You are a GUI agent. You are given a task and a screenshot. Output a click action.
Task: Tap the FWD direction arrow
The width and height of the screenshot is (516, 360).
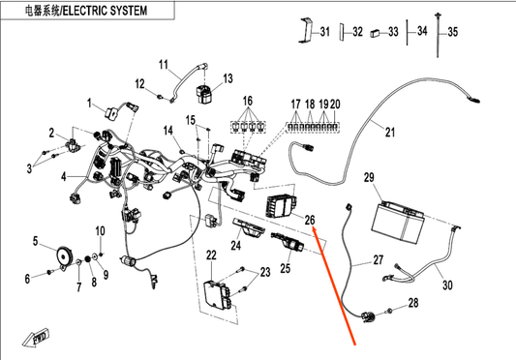point(36,338)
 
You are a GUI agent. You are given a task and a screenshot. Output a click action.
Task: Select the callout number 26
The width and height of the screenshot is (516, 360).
point(310,220)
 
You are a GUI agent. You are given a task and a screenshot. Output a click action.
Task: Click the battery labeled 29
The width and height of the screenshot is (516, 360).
point(398,223)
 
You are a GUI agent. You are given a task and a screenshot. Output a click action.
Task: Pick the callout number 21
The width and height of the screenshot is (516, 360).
point(390,133)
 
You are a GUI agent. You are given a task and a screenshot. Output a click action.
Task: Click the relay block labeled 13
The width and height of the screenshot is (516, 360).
point(204,94)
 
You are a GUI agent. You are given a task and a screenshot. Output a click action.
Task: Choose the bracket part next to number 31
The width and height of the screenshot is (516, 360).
point(305,30)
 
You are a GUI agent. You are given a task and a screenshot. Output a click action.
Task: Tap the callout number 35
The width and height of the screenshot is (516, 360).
point(452,32)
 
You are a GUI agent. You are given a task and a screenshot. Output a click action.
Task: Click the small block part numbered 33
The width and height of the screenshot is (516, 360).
point(375,33)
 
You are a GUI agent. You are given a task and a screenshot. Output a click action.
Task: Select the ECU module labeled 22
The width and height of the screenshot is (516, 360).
point(218,293)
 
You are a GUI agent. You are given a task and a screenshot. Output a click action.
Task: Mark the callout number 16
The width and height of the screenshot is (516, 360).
point(248,101)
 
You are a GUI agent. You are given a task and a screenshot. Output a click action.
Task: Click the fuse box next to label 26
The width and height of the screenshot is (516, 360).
point(281,206)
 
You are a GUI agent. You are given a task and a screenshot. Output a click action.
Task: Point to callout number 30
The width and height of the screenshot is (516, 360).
point(447,285)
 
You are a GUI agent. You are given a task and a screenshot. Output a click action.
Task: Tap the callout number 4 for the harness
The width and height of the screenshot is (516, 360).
point(64,177)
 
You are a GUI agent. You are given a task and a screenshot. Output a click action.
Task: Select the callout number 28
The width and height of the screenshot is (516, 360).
point(413,302)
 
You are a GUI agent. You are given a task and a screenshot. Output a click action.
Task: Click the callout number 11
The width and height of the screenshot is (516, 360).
point(164,65)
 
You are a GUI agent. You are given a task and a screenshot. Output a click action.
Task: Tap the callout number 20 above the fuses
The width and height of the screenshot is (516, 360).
point(335,105)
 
